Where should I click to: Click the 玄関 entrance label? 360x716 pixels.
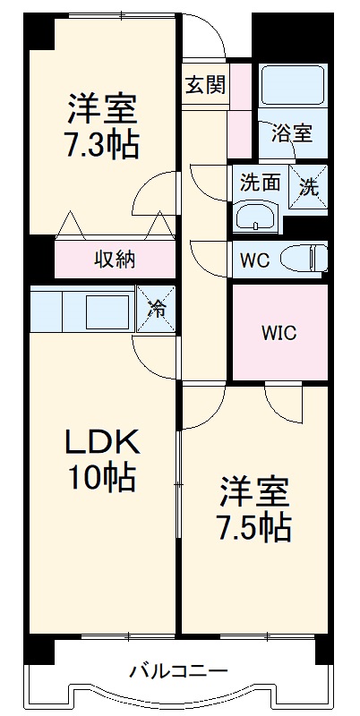pyautogui.click(x=205, y=85)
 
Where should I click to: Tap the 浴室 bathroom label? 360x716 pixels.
pyautogui.click(x=291, y=133)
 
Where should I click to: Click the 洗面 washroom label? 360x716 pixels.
pyautogui.click(x=260, y=183)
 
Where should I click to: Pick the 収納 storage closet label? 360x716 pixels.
pyautogui.click(x=115, y=260)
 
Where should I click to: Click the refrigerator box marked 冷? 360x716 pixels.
pyautogui.click(x=155, y=310)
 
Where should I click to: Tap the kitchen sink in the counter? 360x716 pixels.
pyautogui.click(x=106, y=311)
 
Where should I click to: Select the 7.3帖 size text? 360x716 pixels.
pyautogui.click(x=101, y=143)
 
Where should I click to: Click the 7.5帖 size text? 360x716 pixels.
pyautogui.click(x=254, y=528)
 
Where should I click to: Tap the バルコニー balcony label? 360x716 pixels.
pyautogui.click(x=178, y=670)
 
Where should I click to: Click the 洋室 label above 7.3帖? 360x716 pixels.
pyautogui.click(x=101, y=108)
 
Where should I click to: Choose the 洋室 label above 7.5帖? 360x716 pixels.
pyautogui.click(x=254, y=492)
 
